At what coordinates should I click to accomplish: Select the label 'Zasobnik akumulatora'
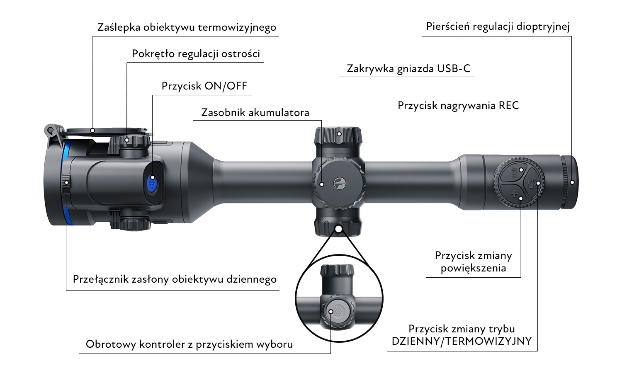click(x=255, y=113)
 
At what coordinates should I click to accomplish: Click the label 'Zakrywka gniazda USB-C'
click(x=408, y=68)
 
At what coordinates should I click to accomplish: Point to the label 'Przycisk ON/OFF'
click(x=204, y=86)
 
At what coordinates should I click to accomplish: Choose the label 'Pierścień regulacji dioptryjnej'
click(x=498, y=27)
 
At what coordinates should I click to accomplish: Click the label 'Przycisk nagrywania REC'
click(x=458, y=105)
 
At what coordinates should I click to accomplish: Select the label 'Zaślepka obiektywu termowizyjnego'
click(x=187, y=27)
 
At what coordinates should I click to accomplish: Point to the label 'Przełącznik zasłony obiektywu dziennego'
click(x=175, y=279)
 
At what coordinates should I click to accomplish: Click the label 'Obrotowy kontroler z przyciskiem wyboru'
click(x=189, y=344)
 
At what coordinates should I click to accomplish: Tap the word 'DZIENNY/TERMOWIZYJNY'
click(x=462, y=341)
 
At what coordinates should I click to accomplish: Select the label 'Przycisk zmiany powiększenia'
click(x=473, y=262)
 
